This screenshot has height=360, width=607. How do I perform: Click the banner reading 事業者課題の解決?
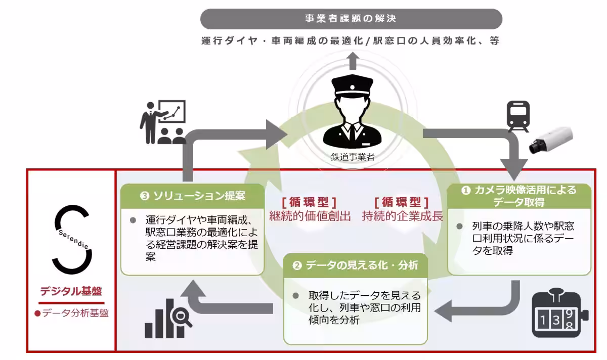(x=351, y=19)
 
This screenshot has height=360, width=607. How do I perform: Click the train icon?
(x=518, y=115)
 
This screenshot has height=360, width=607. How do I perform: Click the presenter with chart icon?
(x=162, y=122)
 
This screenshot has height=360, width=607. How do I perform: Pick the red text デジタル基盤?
(x=71, y=292)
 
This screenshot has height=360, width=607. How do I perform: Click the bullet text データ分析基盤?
(x=71, y=313)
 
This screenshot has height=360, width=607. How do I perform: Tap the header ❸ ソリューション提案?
(x=192, y=195)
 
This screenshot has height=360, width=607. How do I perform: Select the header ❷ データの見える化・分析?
(x=356, y=265)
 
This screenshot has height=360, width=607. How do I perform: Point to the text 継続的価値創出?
(x=310, y=216)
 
